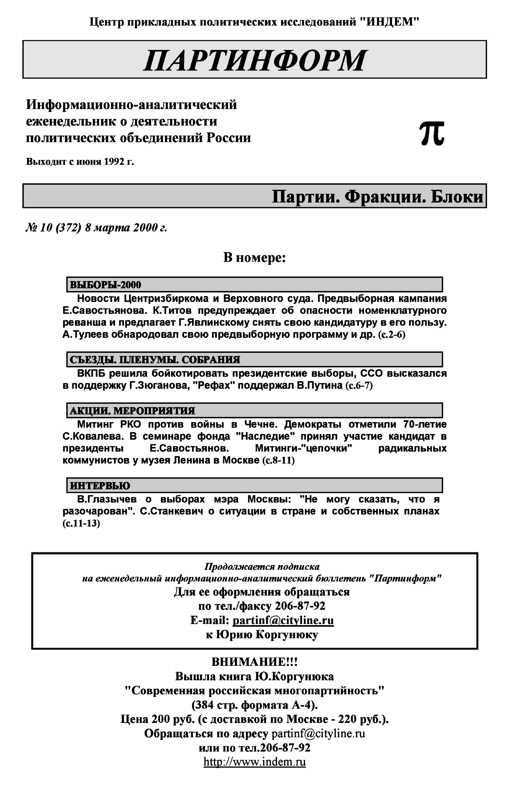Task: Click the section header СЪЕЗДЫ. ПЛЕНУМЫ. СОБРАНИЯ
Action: tap(155, 360)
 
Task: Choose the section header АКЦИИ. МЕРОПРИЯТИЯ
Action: tap(132, 411)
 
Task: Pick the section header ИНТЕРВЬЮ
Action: tap(100, 486)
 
